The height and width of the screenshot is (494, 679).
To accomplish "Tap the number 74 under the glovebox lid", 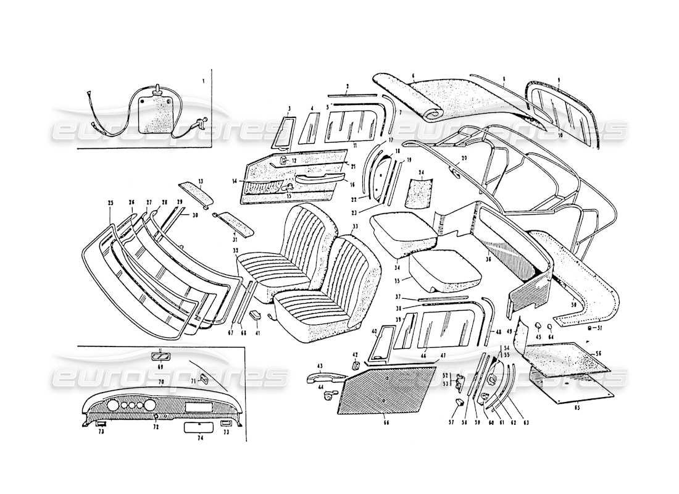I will [199, 437].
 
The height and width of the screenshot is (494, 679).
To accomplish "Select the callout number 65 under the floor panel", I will [577, 408].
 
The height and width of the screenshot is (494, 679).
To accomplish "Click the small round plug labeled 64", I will [550, 325].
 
